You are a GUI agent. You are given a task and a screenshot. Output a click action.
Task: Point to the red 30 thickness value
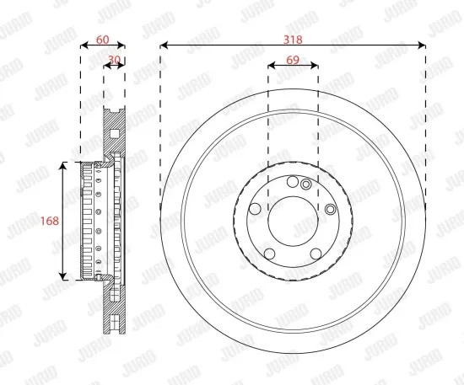tap(115, 59)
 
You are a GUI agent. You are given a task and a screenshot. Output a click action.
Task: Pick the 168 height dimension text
tap(51, 221)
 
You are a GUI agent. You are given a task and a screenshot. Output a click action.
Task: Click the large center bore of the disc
tap(293, 219)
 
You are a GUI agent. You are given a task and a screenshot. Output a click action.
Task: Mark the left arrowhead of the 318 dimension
tap(164, 45)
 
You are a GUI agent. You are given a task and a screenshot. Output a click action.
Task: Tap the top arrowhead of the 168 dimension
tap(64, 166)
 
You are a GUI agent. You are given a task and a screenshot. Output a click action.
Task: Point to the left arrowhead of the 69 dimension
tap(271, 66)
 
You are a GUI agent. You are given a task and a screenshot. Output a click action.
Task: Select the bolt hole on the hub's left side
tap(256, 210)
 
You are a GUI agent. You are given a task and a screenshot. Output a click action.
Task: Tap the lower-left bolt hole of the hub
tap(269, 252)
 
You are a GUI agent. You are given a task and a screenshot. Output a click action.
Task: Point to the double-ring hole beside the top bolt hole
tap(306, 185)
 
